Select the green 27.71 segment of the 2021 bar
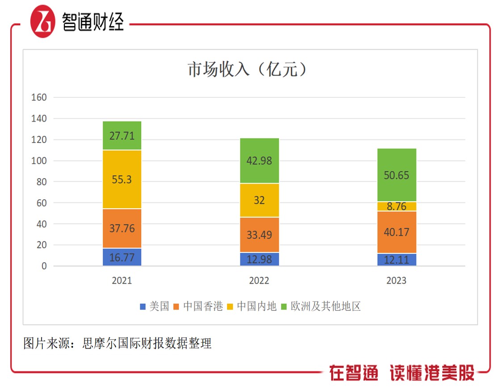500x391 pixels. tap(122, 135)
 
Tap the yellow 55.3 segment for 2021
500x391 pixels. tap(122, 179)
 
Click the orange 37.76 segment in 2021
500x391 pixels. tap(122, 228)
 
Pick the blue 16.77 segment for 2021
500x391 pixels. tap(122, 257)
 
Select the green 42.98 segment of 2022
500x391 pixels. tap(259, 161)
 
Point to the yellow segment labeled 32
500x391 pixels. tap(259, 200)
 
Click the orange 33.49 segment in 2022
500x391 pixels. tap(259, 235)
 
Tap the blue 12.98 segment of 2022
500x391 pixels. tap(259, 259)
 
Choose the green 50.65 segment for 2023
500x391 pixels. tap(396, 175)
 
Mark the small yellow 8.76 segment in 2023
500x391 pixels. tap(396, 206)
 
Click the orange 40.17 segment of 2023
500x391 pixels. tap(396, 232)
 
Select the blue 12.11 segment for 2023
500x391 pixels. tap(396, 260)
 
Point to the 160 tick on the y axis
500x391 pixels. tap(38, 97)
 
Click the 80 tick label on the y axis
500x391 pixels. tap(40, 182)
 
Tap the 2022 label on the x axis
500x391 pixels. tap(259, 281)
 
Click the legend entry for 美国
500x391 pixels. tap(155, 307)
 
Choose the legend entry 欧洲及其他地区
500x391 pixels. tap(320, 307)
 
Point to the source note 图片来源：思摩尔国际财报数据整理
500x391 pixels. tap(118, 343)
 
